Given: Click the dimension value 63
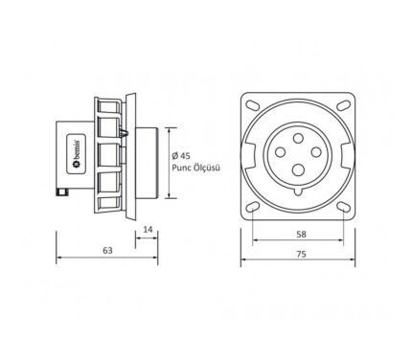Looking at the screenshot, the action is pyautogui.click(x=107, y=251).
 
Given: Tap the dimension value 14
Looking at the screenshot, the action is pyautogui.click(x=148, y=229).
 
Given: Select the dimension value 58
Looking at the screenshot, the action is pyautogui.click(x=301, y=235).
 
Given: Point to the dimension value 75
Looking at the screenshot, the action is pyautogui.click(x=301, y=254).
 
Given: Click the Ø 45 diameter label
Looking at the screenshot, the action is pyautogui.click(x=181, y=156).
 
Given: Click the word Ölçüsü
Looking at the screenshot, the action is pyautogui.click(x=207, y=168).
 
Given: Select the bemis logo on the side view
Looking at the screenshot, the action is pyautogui.click(x=76, y=153).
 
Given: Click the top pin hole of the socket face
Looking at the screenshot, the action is pyautogui.click(x=298, y=138).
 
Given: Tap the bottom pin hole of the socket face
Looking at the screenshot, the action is pyautogui.click(x=298, y=169).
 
